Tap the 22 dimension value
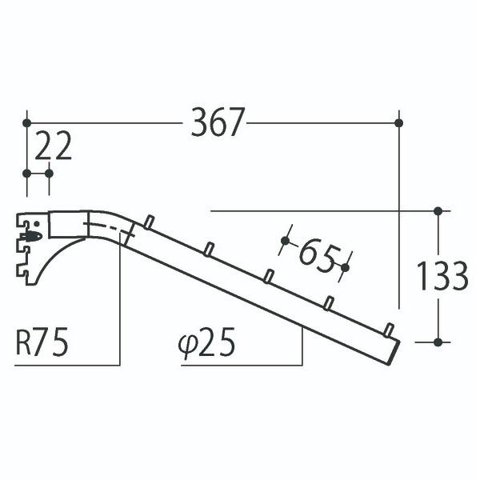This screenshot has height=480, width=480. tap(54, 146)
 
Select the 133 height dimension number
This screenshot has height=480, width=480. tap(442, 276)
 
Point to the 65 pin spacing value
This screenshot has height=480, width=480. tap(316, 255)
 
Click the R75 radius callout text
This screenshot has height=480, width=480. tap(42, 343)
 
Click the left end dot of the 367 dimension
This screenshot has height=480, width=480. tap(27, 122)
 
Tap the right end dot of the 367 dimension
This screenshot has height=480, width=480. tap(399, 122)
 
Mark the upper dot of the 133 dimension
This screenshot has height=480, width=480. tap(438, 211)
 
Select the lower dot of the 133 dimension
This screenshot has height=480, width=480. tap(438, 342)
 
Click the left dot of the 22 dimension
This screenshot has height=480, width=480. tap(27, 173)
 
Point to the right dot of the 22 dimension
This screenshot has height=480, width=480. tap(50, 173)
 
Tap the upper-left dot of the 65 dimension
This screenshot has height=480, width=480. tap(286, 240)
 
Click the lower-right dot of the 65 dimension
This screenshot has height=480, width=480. tap(346, 267)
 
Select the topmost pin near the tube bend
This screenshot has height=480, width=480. tap(148, 221)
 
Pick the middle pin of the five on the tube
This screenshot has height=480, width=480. tap(269, 276)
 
